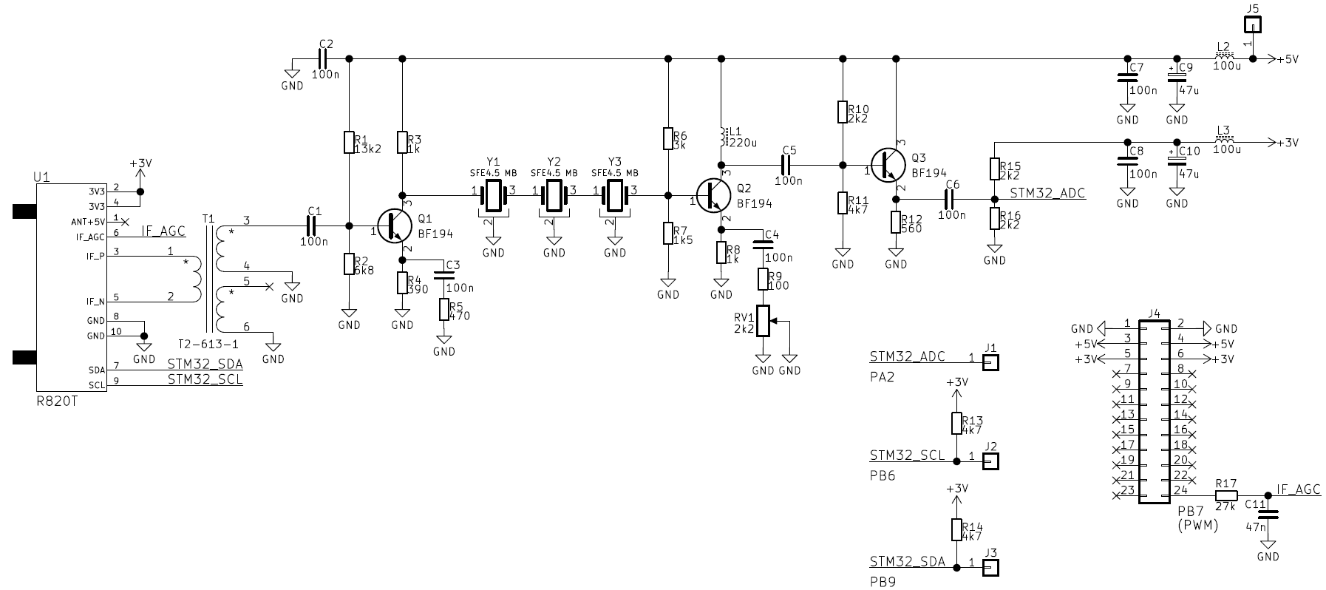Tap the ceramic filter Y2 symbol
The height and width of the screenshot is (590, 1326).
[x=554, y=196]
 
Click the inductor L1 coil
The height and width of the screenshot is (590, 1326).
[x=722, y=138]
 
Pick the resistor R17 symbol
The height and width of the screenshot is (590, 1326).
[x=1225, y=495]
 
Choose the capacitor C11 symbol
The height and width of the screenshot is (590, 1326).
[x=1268, y=513]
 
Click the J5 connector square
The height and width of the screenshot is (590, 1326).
[x=1251, y=25]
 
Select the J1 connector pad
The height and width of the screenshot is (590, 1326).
[x=990, y=362]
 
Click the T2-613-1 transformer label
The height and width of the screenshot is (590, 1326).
[x=208, y=345]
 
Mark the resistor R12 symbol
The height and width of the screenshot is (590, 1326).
[x=896, y=222]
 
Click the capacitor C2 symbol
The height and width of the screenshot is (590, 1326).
[x=323, y=58]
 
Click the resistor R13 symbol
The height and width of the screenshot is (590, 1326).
[x=956, y=423]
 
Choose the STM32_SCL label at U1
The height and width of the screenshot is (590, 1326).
[x=205, y=380]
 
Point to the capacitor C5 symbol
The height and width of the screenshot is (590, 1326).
[x=789, y=165]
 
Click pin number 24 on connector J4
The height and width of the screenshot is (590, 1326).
[x=1180, y=489]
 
